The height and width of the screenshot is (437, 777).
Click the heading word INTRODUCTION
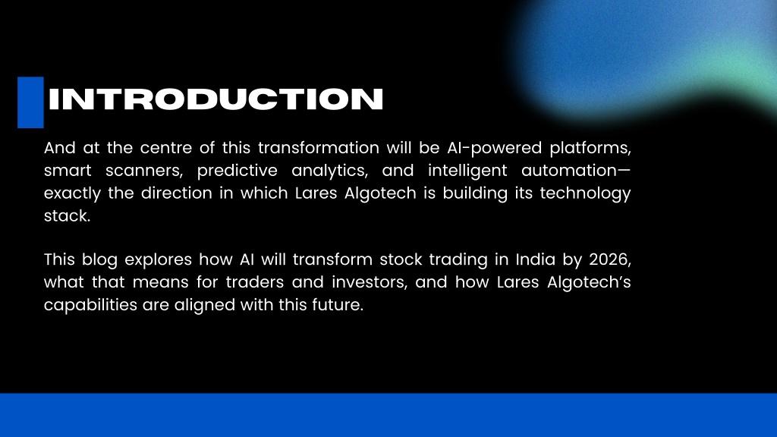pos(215,99)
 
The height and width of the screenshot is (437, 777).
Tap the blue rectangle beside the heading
pos(30,102)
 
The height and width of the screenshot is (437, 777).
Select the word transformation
pos(319,148)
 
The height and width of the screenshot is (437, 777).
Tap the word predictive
pos(238,171)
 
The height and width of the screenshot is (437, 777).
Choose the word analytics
pos(330,171)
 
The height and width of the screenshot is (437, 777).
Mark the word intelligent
pos(467,171)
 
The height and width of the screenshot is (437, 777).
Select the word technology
pos(585,193)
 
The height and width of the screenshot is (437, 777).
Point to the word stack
pos(68,216)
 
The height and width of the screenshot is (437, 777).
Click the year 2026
pos(610,260)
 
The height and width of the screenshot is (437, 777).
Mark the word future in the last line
pos(338,305)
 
